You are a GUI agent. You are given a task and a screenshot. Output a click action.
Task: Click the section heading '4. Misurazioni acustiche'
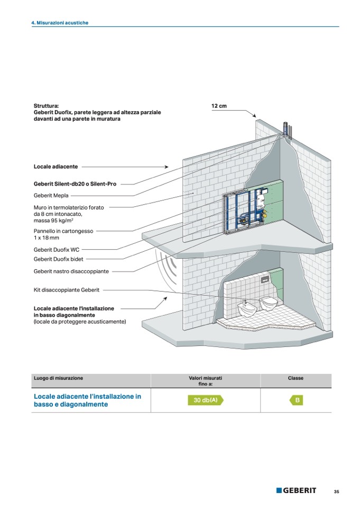click(x=59, y=23)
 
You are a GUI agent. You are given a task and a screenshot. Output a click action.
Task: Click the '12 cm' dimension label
click(x=219, y=106)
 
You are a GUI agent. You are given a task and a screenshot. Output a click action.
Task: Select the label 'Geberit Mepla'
click(x=51, y=195)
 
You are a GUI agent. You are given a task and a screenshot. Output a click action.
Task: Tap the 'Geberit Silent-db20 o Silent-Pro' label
click(x=75, y=184)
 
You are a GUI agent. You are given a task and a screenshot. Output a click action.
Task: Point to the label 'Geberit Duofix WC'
click(x=57, y=249)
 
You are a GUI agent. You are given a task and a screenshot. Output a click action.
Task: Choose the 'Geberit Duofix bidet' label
click(x=59, y=259)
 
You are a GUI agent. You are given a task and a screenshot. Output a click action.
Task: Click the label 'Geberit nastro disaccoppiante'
click(x=71, y=271)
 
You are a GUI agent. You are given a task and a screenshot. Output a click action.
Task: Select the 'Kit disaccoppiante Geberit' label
click(x=67, y=290)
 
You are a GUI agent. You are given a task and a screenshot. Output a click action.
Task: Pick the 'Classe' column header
click(x=296, y=378)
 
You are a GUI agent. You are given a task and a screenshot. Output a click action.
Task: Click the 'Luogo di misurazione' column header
click(x=58, y=378)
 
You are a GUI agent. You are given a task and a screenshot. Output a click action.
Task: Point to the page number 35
click(x=336, y=491)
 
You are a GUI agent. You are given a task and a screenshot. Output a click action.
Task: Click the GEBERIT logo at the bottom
click(x=296, y=490)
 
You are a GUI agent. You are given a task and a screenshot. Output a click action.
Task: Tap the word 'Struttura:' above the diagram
click(x=46, y=106)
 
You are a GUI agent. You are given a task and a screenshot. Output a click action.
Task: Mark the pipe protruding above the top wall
click(x=286, y=129)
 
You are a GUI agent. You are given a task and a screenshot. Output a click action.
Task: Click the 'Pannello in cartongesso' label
click(x=63, y=231)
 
